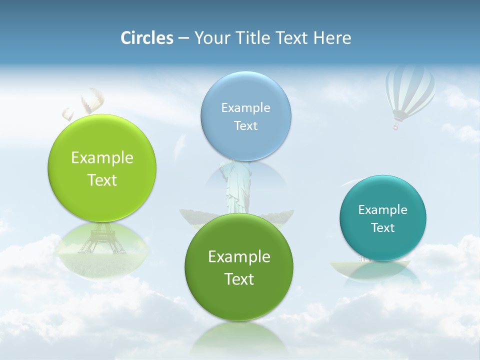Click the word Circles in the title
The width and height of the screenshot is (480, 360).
[x=146, y=38]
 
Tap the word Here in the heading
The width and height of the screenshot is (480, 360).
[x=332, y=38]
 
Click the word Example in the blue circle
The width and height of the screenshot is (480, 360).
[x=245, y=107]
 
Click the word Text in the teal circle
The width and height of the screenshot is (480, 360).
[x=383, y=228]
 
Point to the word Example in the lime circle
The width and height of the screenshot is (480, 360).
[x=102, y=158]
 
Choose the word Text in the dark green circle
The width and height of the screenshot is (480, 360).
[x=239, y=279]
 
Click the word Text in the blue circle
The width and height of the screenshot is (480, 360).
[x=245, y=125]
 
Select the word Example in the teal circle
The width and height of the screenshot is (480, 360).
[x=383, y=209]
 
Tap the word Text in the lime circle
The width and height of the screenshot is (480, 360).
[x=102, y=180]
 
